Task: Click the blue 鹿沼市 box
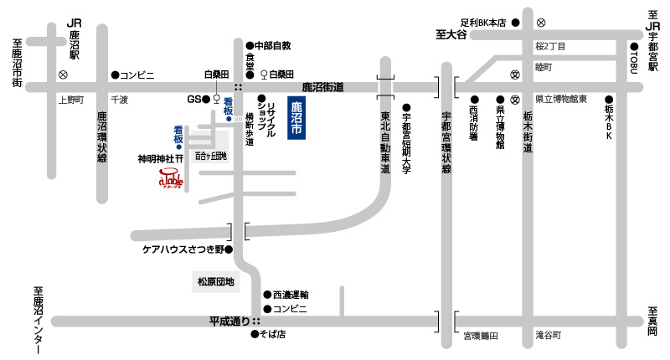tap(296, 120)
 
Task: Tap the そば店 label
tap(275, 335)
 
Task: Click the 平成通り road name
tap(230, 321)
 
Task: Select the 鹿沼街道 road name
tap(323, 86)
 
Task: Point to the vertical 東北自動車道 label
tap(385, 142)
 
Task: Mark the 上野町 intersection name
tap(71, 100)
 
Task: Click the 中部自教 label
tap(272, 44)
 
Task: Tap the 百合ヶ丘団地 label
tap(211, 157)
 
